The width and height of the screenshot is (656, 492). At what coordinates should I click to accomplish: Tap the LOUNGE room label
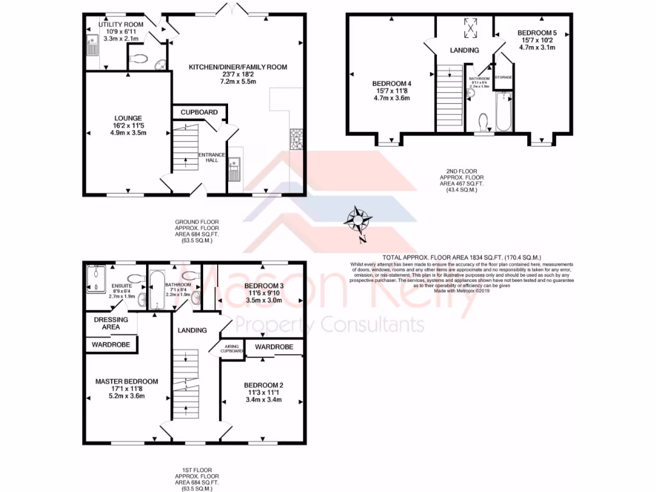point(128,118)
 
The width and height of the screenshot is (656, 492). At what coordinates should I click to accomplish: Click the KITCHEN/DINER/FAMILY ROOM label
point(238,67)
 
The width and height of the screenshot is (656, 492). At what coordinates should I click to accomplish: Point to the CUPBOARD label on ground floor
point(199,112)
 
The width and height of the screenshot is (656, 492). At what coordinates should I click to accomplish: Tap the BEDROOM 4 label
point(391,83)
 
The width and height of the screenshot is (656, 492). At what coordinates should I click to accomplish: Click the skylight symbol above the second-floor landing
point(471,28)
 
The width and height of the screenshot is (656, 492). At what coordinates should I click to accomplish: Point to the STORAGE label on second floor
point(504,78)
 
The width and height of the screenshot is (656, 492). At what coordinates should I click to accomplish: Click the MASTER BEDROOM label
point(126,382)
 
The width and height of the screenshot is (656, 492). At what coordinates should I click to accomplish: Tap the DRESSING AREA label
point(111,323)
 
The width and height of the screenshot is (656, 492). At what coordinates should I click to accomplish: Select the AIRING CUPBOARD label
point(232,349)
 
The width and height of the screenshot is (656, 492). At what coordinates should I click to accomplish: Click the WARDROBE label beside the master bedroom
point(111,345)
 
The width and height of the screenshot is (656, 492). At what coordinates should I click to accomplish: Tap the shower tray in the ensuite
point(97,279)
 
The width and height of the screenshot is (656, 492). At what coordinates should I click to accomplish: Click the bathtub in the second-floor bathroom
point(504,112)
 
